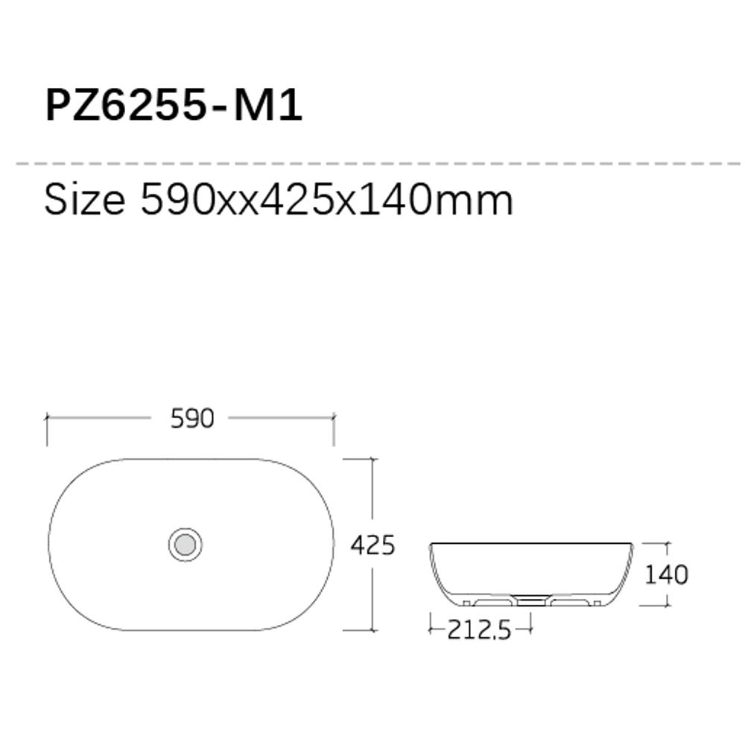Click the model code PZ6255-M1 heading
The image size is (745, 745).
pos(174,106)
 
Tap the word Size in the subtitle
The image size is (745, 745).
pos(84,200)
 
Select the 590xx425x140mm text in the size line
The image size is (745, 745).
pos(326,200)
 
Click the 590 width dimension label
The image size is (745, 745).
pos(192,419)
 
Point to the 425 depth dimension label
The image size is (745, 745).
pos(372,545)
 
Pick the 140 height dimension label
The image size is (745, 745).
pos(667,574)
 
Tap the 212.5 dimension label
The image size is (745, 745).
pos(479,631)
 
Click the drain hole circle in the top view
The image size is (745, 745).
pos(185,544)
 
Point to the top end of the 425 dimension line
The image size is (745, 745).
pos(372,460)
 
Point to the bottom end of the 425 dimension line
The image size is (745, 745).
pos(372,630)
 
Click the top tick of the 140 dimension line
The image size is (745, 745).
pos(667,543)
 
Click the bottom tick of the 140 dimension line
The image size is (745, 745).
pos(667,605)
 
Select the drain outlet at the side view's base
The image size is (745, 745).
pos(530,598)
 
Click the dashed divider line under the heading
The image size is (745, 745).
pos(372,162)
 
